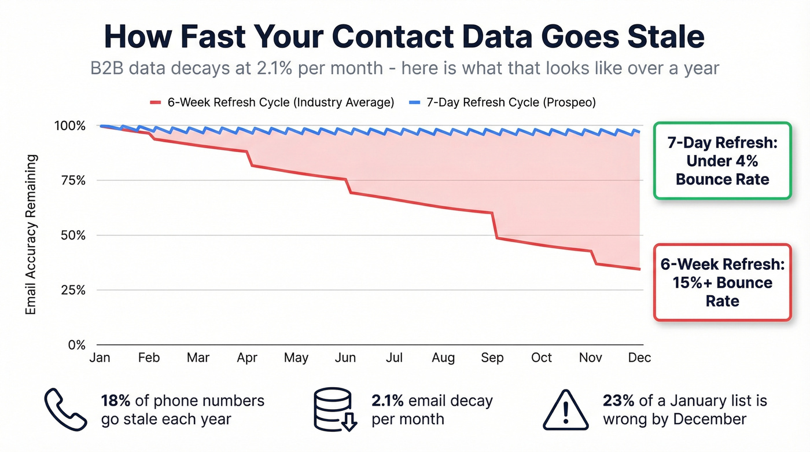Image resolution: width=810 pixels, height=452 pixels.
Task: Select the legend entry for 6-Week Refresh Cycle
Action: point(272,102)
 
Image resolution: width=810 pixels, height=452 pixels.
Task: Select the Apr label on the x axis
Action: point(247,358)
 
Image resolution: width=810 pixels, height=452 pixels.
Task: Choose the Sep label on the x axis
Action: point(492,358)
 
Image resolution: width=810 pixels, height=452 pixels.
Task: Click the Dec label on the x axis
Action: point(639,358)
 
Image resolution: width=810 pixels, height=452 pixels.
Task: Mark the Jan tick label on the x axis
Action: point(100,358)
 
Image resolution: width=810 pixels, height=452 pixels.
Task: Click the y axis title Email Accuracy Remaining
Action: point(31,235)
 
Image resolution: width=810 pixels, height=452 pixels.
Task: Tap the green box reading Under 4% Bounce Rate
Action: point(722,161)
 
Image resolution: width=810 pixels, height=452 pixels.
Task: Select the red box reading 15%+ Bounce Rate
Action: point(722,282)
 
